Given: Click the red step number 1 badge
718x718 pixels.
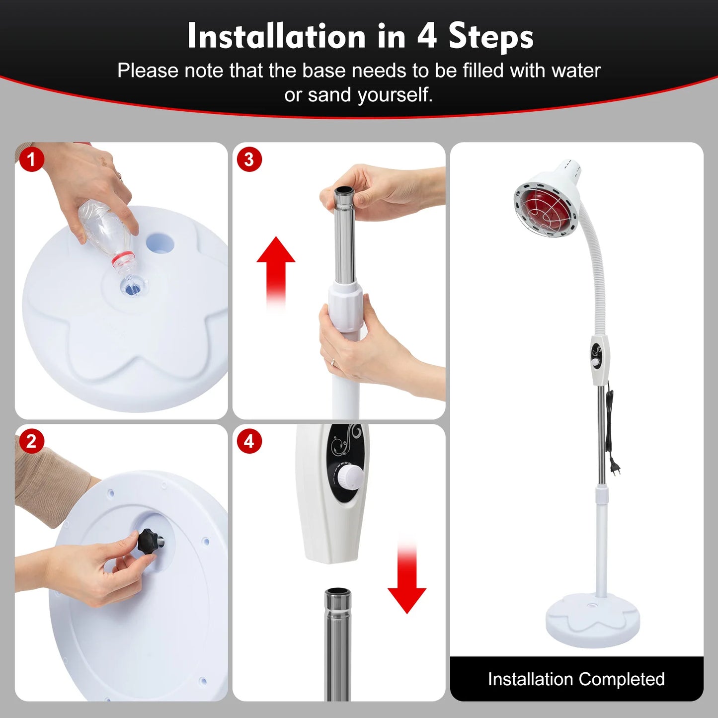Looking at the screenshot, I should tap(32, 160).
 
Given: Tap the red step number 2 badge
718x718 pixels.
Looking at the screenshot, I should tap(32, 441).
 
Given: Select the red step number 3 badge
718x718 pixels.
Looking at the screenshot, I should tap(249, 160).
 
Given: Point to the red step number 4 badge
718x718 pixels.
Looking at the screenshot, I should tap(249, 441).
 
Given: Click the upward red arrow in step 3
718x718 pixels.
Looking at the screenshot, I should tap(276, 268).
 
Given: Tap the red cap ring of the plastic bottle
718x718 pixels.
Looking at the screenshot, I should tap(123, 259).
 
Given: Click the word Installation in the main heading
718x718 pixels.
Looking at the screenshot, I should tap(276, 37).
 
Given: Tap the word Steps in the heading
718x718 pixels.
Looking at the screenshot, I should tap(491, 37).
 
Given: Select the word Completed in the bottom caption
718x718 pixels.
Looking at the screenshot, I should tap(621, 679).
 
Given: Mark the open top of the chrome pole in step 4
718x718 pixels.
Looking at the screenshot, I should tap(338, 592).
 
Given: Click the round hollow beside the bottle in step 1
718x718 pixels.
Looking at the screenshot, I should tap(160, 243).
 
